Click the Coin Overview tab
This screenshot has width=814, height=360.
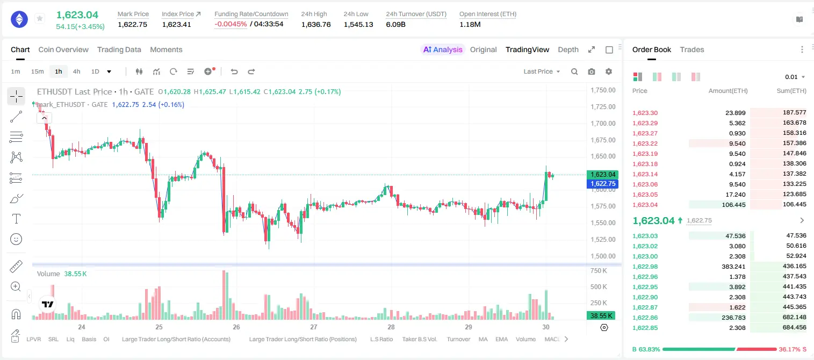tap(63, 49)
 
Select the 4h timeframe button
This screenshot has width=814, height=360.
tap(76, 71)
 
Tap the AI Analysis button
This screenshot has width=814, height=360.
tap(443, 49)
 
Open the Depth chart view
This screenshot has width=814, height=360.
tap(568, 49)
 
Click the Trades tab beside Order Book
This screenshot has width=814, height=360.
tap(692, 49)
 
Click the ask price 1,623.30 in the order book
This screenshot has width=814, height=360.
tap(645, 113)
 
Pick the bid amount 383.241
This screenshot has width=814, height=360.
tap(733, 267)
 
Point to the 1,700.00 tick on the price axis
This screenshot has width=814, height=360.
tap(603, 123)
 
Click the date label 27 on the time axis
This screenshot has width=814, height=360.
tap(314, 327)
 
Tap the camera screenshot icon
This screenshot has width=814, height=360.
tap(592, 71)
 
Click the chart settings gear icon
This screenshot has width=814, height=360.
tap(609, 71)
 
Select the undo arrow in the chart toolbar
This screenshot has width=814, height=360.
tap(234, 71)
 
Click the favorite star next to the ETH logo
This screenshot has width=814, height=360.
tap(40, 18)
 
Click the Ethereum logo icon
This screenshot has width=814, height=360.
tap(19, 19)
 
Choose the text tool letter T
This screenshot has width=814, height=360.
tap(16, 219)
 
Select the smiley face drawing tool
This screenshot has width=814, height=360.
tap(16, 239)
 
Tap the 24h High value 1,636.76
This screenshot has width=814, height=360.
tap(316, 24)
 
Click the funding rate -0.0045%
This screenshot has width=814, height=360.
tap(230, 24)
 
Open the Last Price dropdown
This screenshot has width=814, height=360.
tap(542, 71)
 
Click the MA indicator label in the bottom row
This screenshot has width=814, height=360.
tap(483, 339)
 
